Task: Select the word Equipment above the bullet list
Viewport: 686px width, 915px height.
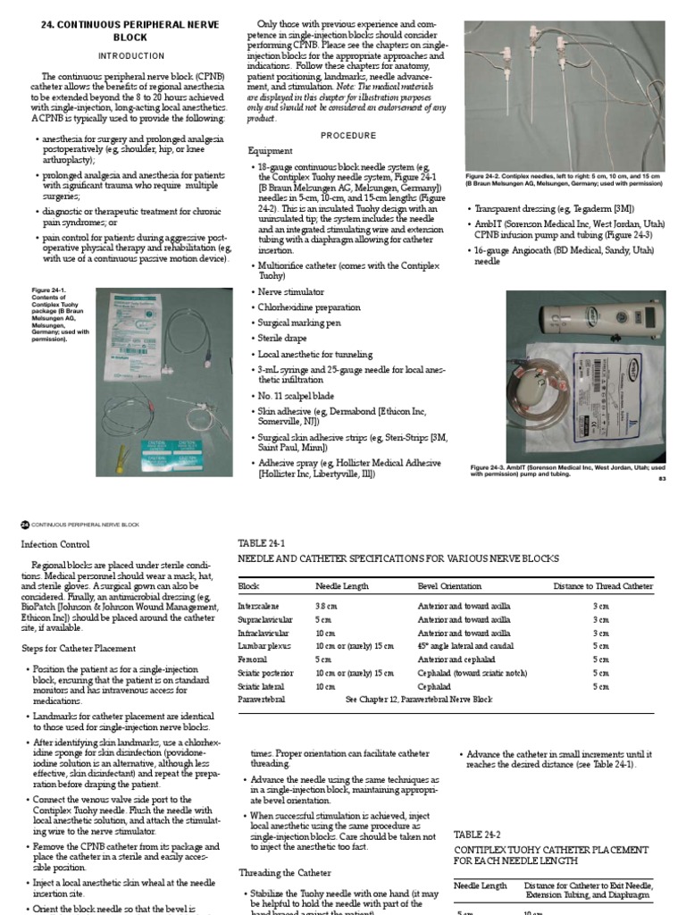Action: click(x=270, y=151)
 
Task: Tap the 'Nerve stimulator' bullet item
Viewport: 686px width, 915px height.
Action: click(x=291, y=291)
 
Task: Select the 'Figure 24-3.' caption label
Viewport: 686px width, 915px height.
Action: click(x=491, y=467)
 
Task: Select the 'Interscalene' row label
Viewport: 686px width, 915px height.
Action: click(x=258, y=605)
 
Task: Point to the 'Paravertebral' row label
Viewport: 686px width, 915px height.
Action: click(x=261, y=699)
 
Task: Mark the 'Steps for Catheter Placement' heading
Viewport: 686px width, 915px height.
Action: click(x=79, y=648)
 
